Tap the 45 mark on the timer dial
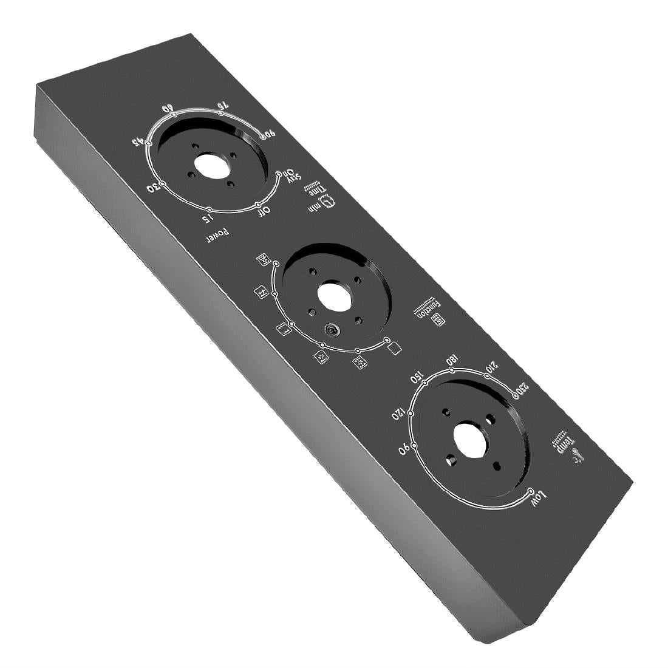pyautogui.click(x=139, y=143)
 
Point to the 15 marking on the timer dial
pyautogui.click(x=208, y=217)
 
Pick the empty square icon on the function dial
pyautogui.click(x=395, y=348)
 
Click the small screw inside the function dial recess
pyautogui.click(x=332, y=330)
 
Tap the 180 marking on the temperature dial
pyautogui.click(x=452, y=358)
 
